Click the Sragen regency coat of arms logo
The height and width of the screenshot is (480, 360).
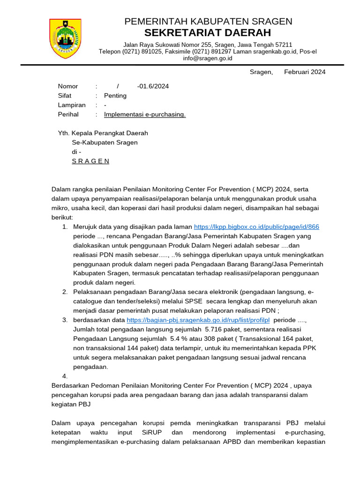pyautogui.click(x=66, y=38)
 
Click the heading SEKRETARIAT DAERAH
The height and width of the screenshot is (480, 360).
pyautogui.click(x=208, y=33)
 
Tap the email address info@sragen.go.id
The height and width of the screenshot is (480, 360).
pyautogui.click(x=208, y=59)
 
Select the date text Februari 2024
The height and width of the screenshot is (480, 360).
pyautogui.click(x=305, y=72)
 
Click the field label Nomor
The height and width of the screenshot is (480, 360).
pyautogui.click(x=68, y=86)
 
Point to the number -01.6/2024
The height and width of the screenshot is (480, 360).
pyautogui.click(x=153, y=86)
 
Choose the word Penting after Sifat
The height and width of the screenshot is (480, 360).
pyautogui.click(x=115, y=96)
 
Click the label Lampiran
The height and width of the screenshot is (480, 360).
pyautogui.click(x=72, y=105)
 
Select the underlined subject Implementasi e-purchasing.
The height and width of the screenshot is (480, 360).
pyautogui.click(x=145, y=114)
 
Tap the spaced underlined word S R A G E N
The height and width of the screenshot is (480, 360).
pyautogui.click(x=90, y=161)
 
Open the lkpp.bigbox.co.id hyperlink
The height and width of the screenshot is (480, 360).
pyautogui.click(x=256, y=227)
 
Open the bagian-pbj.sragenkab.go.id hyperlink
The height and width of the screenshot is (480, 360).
pyautogui.click(x=198, y=320)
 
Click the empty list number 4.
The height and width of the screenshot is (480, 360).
pyautogui.click(x=65, y=376)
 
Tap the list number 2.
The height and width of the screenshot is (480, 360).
pyautogui.click(x=65, y=292)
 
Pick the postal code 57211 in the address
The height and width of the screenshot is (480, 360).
pyautogui.click(x=283, y=45)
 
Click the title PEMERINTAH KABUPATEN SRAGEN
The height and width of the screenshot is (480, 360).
pyautogui.click(x=208, y=21)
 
